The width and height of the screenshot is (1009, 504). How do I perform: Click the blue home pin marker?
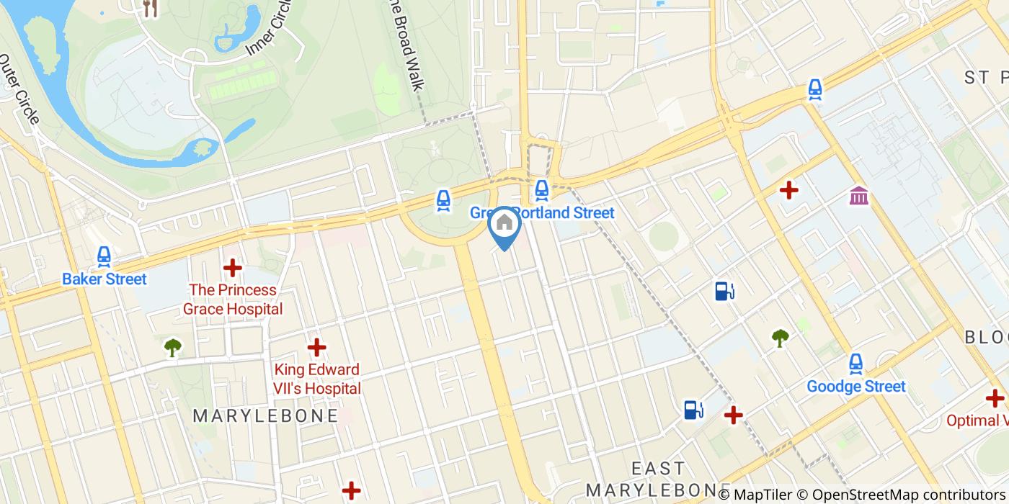point(504,224)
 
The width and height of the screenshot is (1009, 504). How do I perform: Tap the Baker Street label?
point(105,279)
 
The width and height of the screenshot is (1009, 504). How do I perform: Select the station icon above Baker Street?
point(105,256)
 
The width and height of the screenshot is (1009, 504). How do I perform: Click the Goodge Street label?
point(855,387)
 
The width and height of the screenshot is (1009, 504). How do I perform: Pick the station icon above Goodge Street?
point(855,364)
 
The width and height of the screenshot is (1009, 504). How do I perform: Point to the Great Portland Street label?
point(542,213)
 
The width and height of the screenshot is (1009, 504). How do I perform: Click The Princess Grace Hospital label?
point(232,300)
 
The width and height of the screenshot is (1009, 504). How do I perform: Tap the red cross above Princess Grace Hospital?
point(232,269)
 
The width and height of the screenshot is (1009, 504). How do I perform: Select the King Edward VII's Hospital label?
point(316,379)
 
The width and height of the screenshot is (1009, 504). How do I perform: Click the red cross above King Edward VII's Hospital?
point(316,348)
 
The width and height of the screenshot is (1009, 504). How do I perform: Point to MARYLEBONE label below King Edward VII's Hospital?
point(265,416)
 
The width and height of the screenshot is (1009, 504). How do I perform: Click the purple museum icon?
point(858,195)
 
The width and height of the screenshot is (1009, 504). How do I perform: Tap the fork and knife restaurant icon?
point(151,8)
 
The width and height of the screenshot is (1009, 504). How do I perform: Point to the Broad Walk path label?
point(406,46)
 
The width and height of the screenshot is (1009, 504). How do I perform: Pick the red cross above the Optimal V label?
point(995,398)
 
